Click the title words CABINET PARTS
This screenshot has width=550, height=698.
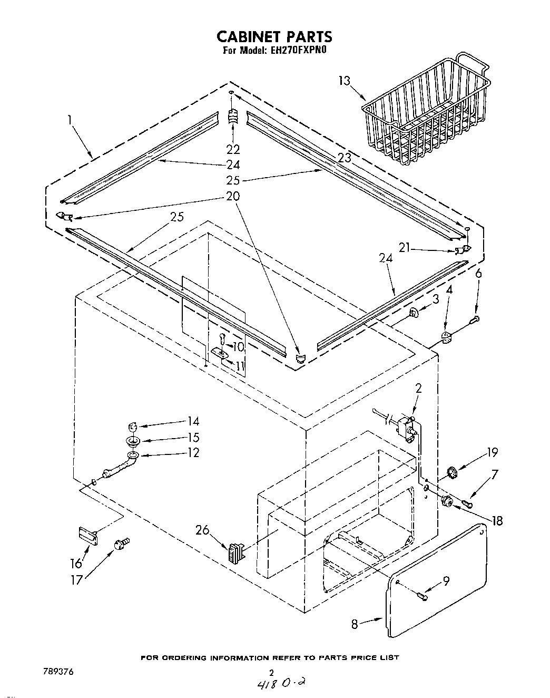(x=274, y=36)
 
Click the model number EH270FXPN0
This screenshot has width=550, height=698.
(x=298, y=51)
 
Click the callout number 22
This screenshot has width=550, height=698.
(x=233, y=149)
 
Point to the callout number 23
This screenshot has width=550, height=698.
(x=344, y=157)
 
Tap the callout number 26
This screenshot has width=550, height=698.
(x=202, y=530)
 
